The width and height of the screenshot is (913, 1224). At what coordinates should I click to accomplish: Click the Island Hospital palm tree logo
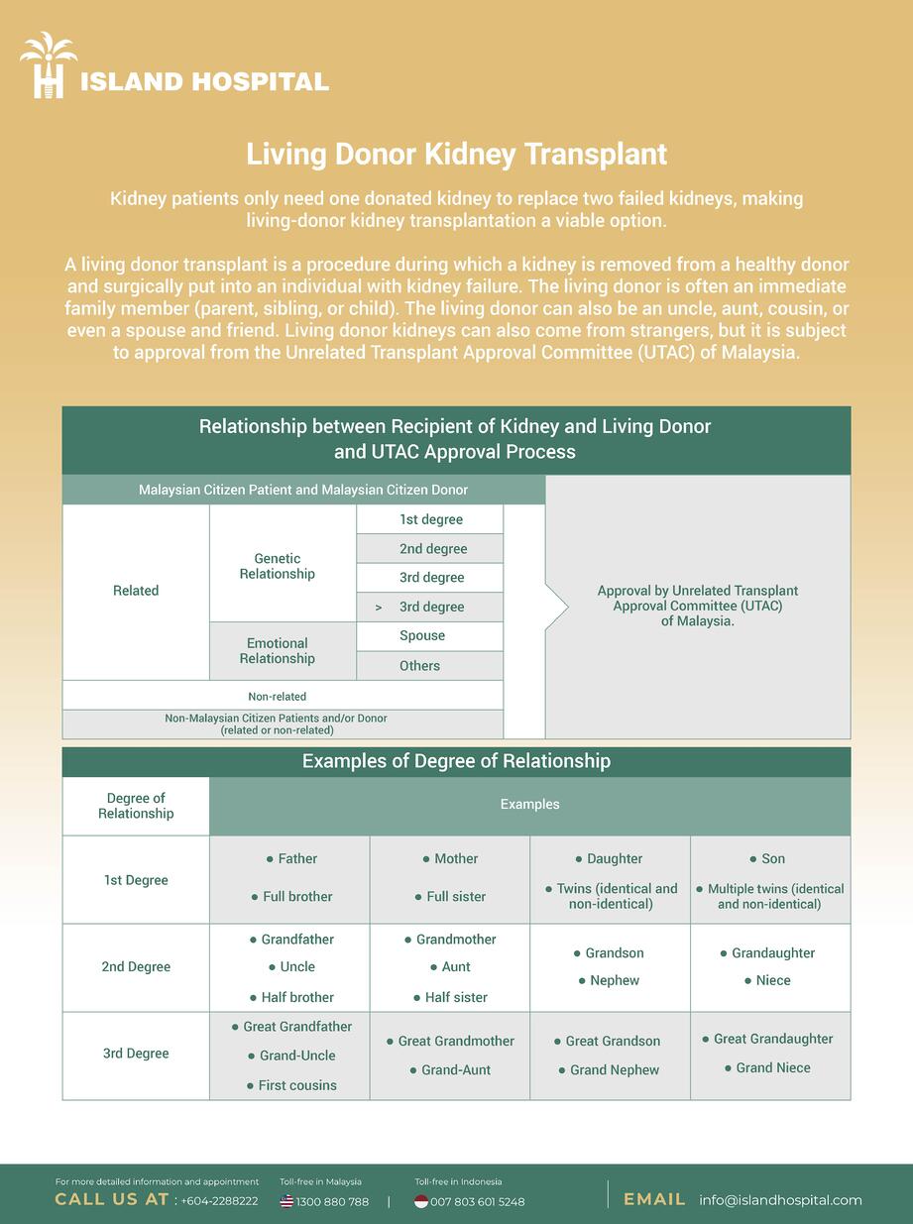point(49,65)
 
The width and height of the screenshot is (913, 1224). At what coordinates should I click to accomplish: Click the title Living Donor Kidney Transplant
point(456,155)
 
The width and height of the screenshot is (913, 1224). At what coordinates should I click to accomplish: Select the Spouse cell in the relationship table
point(422,636)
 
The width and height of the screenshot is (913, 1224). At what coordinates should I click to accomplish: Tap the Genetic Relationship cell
point(278,566)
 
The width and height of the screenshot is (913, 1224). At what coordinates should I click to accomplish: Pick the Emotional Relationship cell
point(278,651)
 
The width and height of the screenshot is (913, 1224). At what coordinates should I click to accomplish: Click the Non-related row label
point(278,697)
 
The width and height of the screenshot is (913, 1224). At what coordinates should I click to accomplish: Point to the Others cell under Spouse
point(419,666)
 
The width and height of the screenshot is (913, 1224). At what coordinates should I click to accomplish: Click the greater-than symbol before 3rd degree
point(379,608)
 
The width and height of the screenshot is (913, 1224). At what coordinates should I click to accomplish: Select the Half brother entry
point(297,998)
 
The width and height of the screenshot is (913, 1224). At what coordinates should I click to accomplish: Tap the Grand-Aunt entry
point(456,1070)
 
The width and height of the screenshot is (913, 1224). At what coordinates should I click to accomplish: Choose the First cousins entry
point(297,1086)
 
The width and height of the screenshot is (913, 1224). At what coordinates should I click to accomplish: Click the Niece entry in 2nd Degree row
point(773,981)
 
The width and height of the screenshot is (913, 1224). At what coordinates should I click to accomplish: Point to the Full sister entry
point(456,897)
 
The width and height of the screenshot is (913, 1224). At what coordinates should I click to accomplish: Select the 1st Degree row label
point(136,880)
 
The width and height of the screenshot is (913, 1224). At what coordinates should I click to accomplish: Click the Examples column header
point(529,805)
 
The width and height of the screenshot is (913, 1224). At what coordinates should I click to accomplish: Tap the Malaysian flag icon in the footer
point(286,1201)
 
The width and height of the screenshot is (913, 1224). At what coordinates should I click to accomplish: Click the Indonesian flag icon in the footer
point(421,1201)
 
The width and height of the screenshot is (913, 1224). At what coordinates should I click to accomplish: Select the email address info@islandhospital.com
point(780,1200)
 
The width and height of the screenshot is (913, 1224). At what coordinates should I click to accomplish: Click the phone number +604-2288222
point(219,1201)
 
